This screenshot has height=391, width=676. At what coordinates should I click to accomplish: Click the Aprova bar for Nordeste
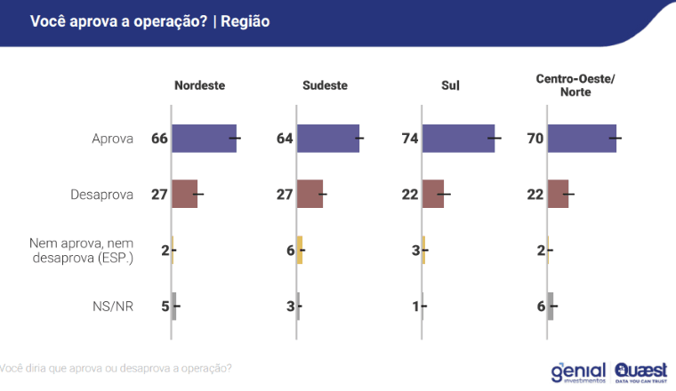click(x=204, y=139)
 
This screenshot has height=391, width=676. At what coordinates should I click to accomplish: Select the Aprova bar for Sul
click(x=458, y=139)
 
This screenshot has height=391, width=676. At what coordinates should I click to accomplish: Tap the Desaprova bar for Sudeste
click(x=310, y=194)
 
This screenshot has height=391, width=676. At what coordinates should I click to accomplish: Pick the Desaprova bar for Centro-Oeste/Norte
click(x=558, y=194)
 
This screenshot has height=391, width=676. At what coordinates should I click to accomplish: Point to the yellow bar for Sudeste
click(x=300, y=250)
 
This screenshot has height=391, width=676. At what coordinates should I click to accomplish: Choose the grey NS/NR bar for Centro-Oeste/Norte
click(x=551, y=306)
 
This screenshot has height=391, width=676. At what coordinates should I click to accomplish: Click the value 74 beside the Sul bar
click(x=410, y=139)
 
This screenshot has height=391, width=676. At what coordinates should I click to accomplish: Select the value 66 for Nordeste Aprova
click(x=159, y=139)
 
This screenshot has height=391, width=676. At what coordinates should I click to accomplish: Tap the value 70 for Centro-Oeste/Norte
click(x=535, y=139)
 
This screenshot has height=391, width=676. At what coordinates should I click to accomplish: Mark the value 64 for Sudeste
click(x=285, y=139)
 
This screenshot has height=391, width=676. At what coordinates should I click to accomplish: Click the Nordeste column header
click(x=199, y=85)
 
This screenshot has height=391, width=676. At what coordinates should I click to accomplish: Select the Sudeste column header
click(x=324, y=85)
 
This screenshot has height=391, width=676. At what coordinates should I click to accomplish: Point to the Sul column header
click(x=450, y=85)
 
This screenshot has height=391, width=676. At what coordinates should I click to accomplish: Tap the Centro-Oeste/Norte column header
click(x=575, y=85)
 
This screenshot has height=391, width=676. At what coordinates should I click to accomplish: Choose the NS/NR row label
click(x=112, y=306)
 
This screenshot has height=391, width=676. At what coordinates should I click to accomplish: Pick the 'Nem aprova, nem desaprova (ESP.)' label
click(x=81, y=250)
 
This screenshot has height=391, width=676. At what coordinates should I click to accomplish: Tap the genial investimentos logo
click(x=578, y=371)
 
